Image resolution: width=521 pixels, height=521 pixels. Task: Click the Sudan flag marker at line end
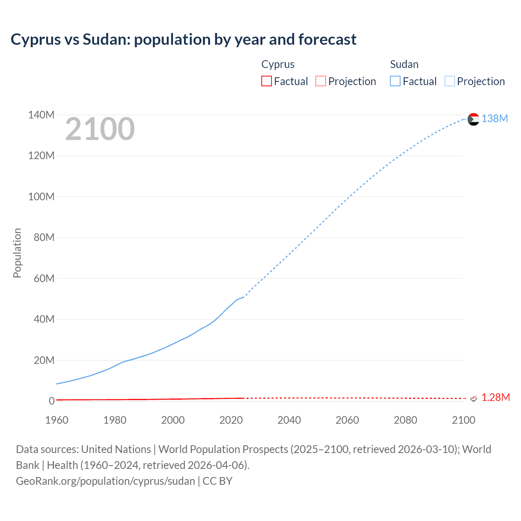[x=473, y=119]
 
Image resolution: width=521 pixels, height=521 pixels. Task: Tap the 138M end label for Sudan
[x=495, y=118]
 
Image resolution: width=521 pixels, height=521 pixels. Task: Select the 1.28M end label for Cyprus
[x=495, y=397]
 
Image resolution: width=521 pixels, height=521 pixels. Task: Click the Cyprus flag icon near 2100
[x=473, y=398]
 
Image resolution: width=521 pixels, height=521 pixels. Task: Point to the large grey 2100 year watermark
[x=100, y=129]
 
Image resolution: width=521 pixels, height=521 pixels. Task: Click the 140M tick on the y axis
[x=41, y=115]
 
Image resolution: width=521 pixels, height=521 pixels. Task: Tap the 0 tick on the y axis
[x=52, y=401]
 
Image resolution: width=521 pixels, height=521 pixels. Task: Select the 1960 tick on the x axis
[x=57, y=420]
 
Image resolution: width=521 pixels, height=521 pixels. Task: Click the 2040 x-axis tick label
[x=289, y=420]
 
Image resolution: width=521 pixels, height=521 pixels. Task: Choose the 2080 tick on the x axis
[x=405, y=420]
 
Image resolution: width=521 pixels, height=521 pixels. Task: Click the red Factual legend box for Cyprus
[x=267, y=81]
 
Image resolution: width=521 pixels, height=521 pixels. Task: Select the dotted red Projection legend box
[x=321, y=81]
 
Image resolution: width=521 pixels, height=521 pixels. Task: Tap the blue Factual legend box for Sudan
[x=395, y=81]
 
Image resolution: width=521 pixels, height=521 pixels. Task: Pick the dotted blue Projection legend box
[x=450, y=81]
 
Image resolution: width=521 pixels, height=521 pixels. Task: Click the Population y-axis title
[x=17, y=253]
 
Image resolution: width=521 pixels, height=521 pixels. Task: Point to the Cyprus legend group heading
[x=278, y=64]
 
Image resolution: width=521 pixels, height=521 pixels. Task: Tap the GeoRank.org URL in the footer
[x=105, y=481]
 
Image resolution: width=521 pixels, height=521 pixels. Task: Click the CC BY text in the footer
[x=217, y=481]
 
